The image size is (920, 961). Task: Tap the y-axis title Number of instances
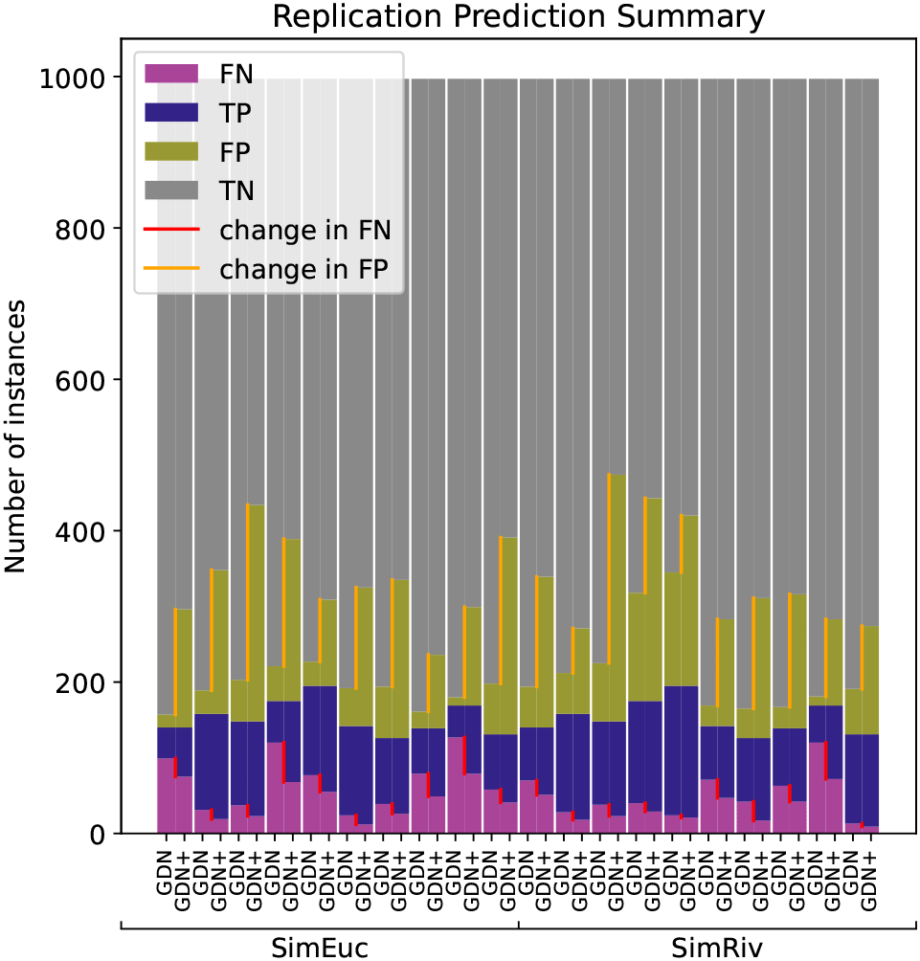pyautogui.click(x=16, y=436)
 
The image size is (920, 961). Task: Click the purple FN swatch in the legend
pyautogui.click(x=171, y=73)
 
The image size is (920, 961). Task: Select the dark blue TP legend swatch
pyautogui.click(x=171, y=112)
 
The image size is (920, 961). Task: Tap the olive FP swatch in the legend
pyautogui.click(x=171, y=151)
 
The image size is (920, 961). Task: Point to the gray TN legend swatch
pyautogui.click(x=171, y=190)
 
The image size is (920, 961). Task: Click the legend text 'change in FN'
pyautogui.click(x=304, y=230)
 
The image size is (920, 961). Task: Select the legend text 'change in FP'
pyautogui.click(x=304, y=270)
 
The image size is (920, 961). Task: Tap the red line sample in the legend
pyautogui.click(x=171, y=230)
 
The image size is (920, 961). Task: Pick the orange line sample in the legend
pyautogui.click(x=171, y=270)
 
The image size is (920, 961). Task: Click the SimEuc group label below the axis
pyautogui.click(x=320, y=947)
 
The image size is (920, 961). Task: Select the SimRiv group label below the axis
pyautogui.click(x=717, y=947)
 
